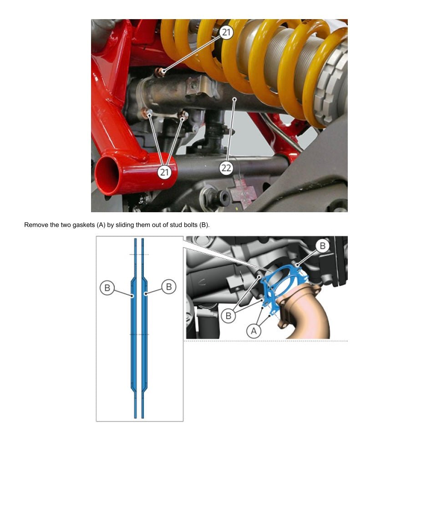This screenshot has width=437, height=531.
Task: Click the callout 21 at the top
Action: (x=226, y=32)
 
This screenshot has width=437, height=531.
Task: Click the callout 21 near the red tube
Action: (x=164, y=172)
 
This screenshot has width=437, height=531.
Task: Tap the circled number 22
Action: (x=226, y=168)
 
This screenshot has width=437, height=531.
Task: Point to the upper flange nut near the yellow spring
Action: (x=160, y=72)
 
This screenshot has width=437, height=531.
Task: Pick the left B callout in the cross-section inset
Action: (x=107, y=288)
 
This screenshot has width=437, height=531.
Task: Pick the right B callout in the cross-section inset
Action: (x=168, y=286)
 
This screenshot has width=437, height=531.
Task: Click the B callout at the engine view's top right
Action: (x=322, y=245)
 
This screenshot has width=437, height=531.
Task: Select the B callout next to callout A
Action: (x=229, y=316)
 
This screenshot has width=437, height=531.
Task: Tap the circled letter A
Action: (x=254, y=331)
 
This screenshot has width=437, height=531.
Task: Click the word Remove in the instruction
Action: (x=36, y=225)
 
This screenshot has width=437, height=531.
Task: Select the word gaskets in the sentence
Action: (x=84, y=225)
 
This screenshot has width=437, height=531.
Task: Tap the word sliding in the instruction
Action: (x=125, y=225)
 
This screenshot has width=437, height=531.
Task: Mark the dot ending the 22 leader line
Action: (x=234, y=99)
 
